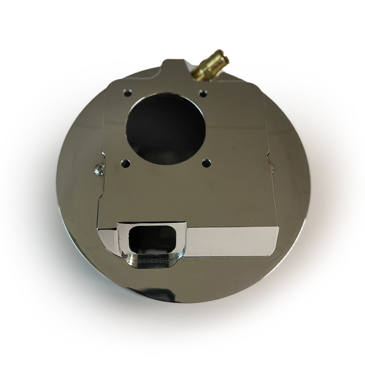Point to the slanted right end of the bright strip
pos(274,240)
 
